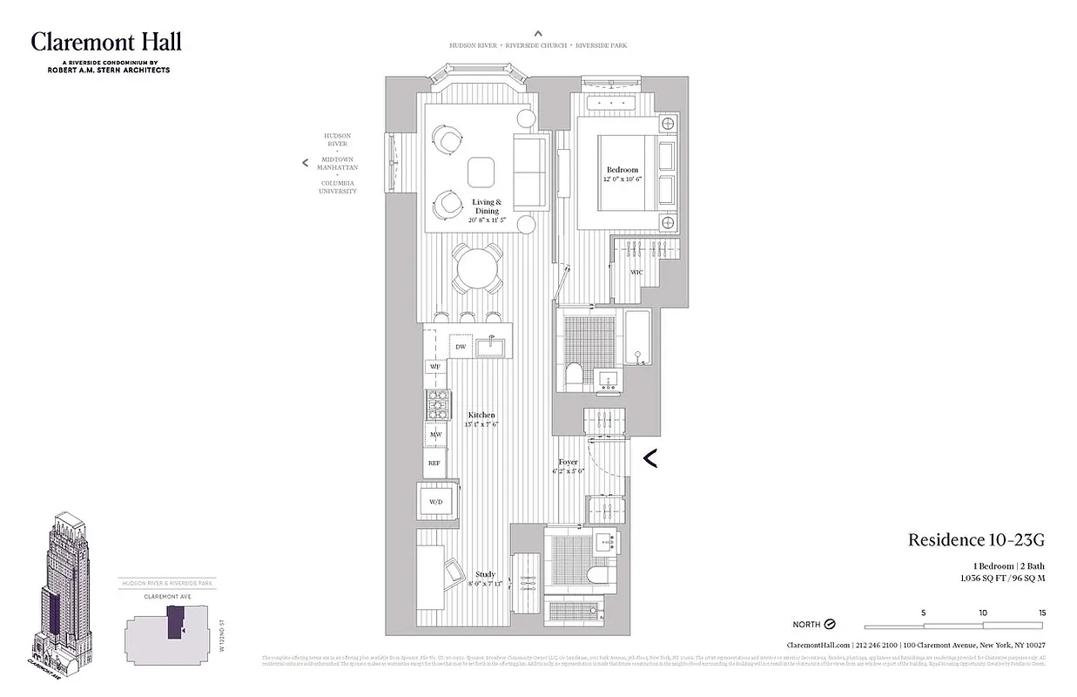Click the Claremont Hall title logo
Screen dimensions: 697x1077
click(106, 42)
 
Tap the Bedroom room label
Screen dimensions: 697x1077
click(622, 170)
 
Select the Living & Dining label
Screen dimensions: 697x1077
click(486, 206)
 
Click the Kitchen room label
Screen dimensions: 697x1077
click(481, 416)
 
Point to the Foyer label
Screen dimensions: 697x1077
click(568, 463)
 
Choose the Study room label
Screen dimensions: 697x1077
click(485, 574)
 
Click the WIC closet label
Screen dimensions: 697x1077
click(636, 273)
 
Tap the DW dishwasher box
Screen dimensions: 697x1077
click(461, 347)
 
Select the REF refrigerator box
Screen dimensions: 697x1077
click(434, 463)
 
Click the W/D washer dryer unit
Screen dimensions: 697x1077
click(435, 501)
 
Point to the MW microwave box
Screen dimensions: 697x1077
click(435, 434)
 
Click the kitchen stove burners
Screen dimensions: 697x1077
click(437, 404)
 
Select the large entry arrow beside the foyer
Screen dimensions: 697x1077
click(649, 457)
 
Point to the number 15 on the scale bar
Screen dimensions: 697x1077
click(1041, 612)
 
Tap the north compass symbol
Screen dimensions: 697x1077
click(830, 625)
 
